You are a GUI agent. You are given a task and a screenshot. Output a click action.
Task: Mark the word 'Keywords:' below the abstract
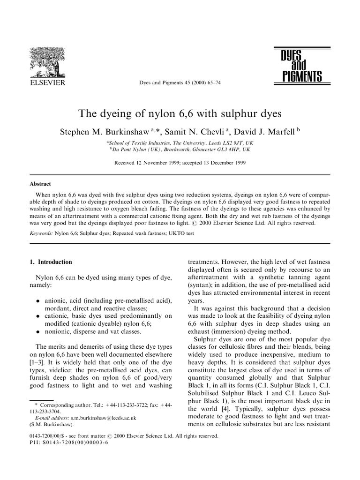point(42,232)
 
